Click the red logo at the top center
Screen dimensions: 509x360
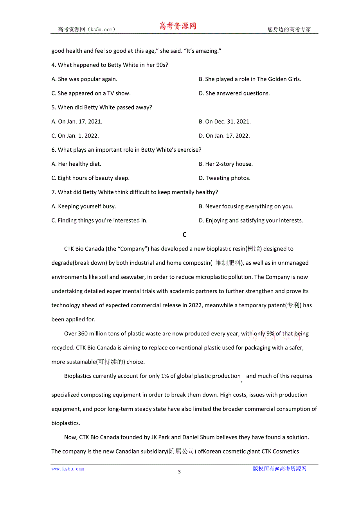[x=178, y=26]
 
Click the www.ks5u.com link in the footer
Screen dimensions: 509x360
[x=68, y=469]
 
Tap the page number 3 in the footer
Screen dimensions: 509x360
[x=179, y=472]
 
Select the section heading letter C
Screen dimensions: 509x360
[x=184, y=235]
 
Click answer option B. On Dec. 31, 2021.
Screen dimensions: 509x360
[x=225, y=122]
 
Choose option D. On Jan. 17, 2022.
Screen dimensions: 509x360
[x=224, y=136]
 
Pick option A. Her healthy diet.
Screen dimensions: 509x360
[x=76, y=164]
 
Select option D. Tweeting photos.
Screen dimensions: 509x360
[x=224, y=178]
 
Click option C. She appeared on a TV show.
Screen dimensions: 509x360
[x=91, y=93]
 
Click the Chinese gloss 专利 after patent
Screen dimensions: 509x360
[x=293, y=305]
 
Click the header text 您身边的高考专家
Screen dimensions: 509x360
[x=289, y=29]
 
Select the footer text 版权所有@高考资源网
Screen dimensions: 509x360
[x=279, y=469]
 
